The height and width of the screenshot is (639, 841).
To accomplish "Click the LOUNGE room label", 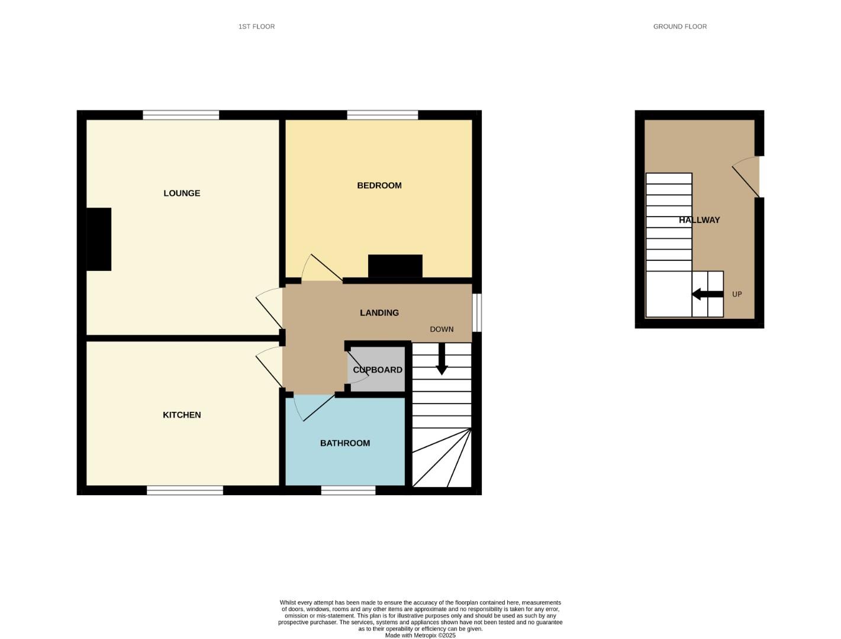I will tap(182, 193).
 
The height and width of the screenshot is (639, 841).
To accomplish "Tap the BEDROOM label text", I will tap(379, 186).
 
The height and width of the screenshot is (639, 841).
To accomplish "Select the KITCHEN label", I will tap(182, 415).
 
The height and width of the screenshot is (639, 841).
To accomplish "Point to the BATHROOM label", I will tap(345, 443).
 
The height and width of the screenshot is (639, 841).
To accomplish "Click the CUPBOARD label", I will tap(378, 370).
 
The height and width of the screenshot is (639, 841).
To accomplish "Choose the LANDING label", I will tap(379, 313).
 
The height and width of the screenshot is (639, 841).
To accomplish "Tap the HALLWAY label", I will tap(700, 220).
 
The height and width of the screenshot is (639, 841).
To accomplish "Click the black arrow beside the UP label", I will tap(707, 294).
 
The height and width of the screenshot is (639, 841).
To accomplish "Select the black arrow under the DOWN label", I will tap(442, 359).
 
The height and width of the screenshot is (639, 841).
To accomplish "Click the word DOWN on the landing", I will tap(442, 330).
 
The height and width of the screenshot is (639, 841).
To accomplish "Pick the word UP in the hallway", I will tap(737, 294).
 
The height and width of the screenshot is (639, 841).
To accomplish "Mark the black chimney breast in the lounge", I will tap(99, 239).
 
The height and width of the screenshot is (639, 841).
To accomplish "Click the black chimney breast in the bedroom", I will tap(395, 266).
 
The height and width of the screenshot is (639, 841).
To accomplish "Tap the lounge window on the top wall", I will tap(181, 115).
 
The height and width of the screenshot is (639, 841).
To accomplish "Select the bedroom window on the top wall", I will tap(382, 115).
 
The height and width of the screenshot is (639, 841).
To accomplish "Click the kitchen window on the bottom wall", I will tap(185, 490).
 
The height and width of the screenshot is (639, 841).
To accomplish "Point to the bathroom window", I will tap(348, 490).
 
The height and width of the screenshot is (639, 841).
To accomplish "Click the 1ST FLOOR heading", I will tap(256, 27).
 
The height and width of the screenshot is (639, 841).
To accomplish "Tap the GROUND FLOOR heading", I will tap(680, 27).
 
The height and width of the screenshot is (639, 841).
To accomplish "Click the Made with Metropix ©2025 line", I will tap(420, 635).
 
